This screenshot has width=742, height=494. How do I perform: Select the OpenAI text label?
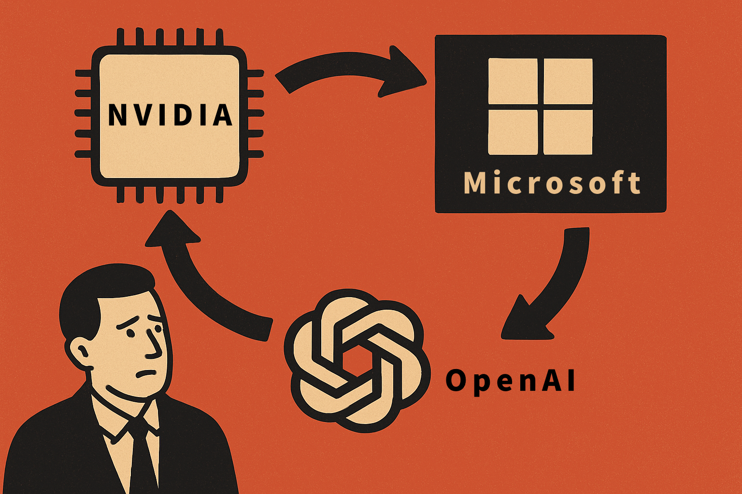510,381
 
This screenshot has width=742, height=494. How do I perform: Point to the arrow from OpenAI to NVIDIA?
203,285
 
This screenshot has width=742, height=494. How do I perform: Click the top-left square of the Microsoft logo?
513,81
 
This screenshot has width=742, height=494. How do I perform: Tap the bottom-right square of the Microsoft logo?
568,132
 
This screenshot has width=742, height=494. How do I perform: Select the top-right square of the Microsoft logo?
568,81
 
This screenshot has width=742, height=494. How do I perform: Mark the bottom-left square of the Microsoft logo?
513,132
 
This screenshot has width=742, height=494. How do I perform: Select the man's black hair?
97,294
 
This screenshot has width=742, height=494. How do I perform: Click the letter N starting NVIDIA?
116,115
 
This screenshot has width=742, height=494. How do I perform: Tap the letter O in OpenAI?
456,381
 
